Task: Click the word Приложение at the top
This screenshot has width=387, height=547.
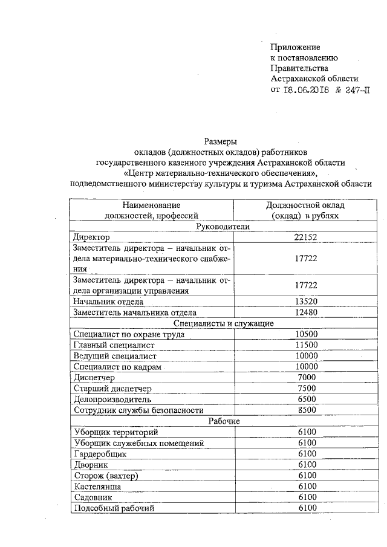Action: point(295,47)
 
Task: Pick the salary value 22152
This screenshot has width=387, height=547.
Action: point(305,238)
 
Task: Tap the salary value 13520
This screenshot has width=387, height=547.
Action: point(305,301)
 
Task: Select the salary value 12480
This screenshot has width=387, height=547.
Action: point(305,312)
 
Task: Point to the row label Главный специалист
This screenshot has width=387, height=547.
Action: point(114,345)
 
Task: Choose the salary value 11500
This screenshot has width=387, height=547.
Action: point(305,345)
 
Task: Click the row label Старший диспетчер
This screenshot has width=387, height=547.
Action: point(112,389)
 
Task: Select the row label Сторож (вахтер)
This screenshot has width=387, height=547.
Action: point(105,476)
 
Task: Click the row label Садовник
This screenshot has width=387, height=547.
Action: point(93,497)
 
